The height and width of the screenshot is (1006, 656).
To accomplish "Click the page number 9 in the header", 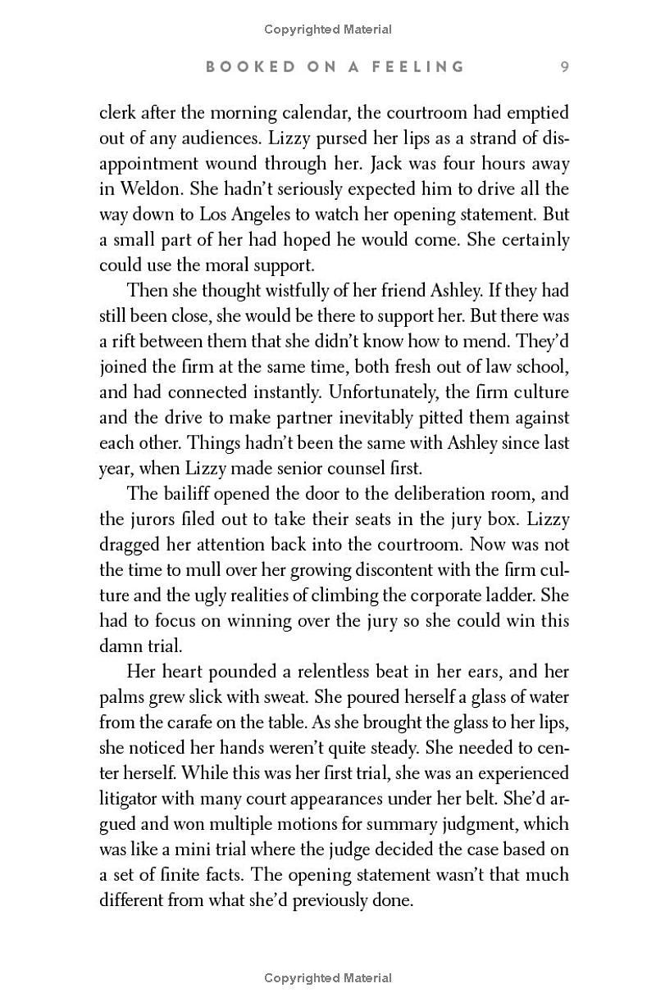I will pos(564,66).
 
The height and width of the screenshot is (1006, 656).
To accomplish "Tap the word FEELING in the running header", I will pos(415,66).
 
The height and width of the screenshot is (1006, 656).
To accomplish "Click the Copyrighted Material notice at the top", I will pos(328,29).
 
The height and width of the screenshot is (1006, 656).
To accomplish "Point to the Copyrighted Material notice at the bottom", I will pos(328,977).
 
